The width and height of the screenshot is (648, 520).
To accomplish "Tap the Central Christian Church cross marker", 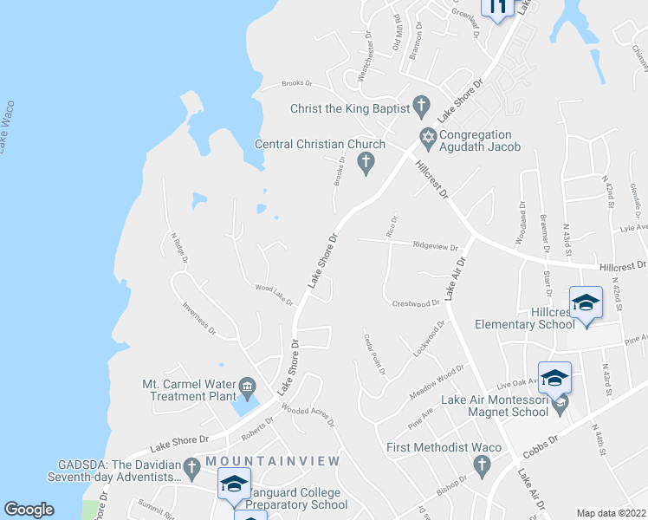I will pyautogui.click(x=366, y=161).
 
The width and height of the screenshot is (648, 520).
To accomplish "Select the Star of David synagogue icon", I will pyautogui.click(x=427, y=136).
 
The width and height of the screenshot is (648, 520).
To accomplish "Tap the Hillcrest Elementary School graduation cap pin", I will pyautogui.click(x=586, y=304).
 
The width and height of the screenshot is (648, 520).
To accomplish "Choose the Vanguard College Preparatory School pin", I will pyautogui.click(x=233, y=484).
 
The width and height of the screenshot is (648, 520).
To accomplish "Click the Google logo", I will pyautogui.click(x=29, y=510).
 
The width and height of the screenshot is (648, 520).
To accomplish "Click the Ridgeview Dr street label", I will pyautogui.click(x=434, y=245).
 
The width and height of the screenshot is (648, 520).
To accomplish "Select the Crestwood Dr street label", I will pyautogui.click(x=416, y=304).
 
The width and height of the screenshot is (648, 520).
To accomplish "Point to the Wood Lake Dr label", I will pyautogui.click(x=274, y=296).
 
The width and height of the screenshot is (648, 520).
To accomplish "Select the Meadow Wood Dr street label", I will pyautogui.click(x=437, y=381).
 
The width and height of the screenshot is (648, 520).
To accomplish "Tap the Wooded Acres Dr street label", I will pyautogui.click(x=308, y=416).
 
